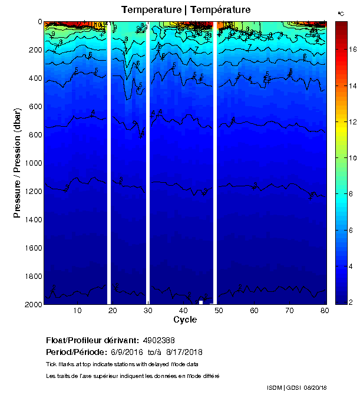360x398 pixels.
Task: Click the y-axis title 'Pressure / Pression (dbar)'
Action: point(18,163)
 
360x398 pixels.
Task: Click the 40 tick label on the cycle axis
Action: point(183,311)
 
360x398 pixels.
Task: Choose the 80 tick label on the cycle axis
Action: point(325,311)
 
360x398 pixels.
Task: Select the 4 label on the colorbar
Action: point(352,266)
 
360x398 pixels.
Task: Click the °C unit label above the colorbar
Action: point(341,13)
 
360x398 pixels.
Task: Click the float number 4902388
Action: point(158,340)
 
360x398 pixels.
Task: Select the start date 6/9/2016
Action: point(128,352)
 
